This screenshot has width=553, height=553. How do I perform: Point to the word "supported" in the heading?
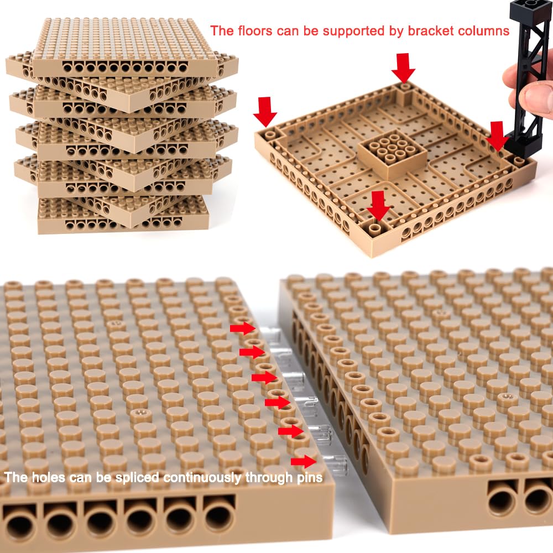(353, 32)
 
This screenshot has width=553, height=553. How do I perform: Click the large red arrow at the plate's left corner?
(265, 112)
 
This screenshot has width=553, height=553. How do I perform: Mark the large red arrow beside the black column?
(497, 136)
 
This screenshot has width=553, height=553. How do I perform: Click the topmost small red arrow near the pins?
(243, 328)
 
